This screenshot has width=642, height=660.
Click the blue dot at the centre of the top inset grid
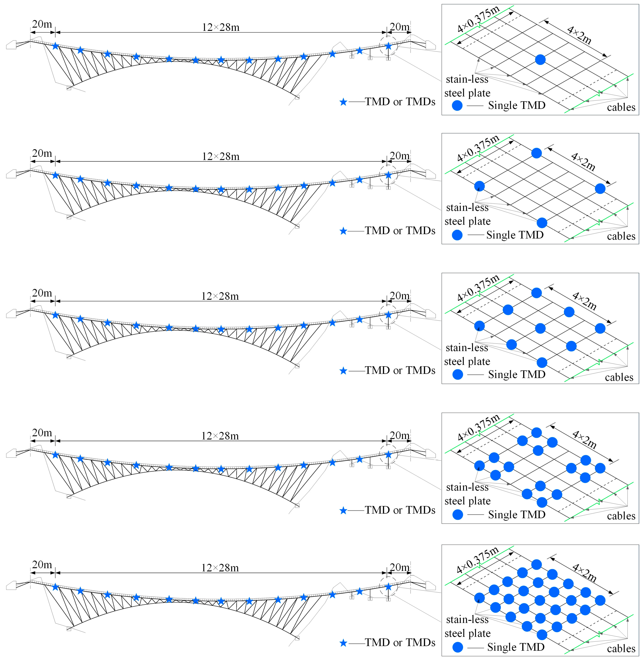pos(540,60)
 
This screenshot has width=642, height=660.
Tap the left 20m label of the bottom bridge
pos(42,564)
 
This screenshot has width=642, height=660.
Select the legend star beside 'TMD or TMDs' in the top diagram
pos(343,102)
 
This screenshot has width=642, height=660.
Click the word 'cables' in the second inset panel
pos(621,236)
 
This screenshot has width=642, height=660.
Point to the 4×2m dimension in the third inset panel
pos(584,301)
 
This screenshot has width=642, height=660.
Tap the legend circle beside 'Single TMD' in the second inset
pos(457,235)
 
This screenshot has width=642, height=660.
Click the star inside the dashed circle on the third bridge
pos(388,315)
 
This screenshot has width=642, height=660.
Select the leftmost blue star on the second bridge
pos(56,175)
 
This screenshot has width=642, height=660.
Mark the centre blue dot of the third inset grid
pos(540,328)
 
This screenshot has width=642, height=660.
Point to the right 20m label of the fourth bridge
pos(399,436)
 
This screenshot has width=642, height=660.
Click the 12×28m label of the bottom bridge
pos(220,568)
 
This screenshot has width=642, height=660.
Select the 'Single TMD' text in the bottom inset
pos(516,647)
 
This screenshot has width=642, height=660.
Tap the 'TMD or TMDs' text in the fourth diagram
pos(400,510)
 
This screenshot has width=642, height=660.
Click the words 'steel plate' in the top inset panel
pos(467,93)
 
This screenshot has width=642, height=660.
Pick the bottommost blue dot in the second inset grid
pos(542,223)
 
